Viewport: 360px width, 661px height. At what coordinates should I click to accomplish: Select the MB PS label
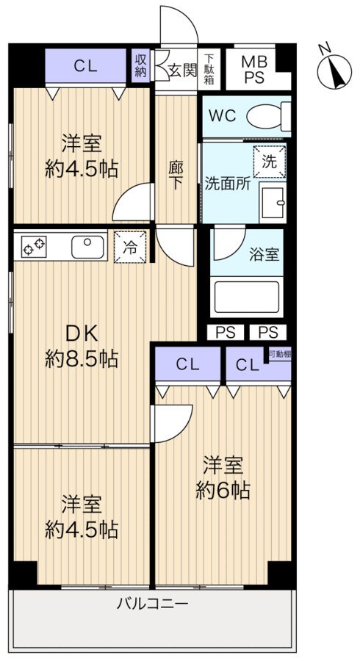pos(256,68)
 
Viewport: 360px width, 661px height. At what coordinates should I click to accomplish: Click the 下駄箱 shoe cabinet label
pos(210,69)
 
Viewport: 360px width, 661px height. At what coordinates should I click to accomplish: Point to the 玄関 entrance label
pos(182,71)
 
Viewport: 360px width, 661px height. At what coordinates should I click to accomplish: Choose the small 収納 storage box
pos(140,66)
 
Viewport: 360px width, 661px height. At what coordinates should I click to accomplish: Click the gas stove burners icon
pos(35,245)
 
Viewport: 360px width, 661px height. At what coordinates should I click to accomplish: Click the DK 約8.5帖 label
pos(82,346)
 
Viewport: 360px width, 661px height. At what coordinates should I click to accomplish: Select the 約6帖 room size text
pos(223,489)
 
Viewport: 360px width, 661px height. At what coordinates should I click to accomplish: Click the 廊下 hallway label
pos(176,176)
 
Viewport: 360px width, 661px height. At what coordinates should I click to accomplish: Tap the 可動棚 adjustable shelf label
pos(279,354)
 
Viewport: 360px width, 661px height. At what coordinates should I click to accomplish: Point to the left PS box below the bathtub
pos(226,332)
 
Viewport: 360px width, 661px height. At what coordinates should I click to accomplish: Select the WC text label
pos(222,115)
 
